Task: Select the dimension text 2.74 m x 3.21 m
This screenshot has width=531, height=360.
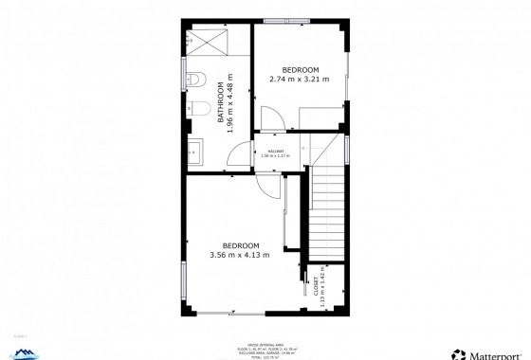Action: click(300, 79)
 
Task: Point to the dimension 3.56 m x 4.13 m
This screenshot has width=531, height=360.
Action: click(239, 254)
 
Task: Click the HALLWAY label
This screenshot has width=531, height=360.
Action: click(276, 151)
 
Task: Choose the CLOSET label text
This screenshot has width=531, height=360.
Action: click(316, 286)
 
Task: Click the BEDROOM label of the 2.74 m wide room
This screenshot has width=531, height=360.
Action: click(300, 69)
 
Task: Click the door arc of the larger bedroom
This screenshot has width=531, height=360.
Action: click(272, 186)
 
